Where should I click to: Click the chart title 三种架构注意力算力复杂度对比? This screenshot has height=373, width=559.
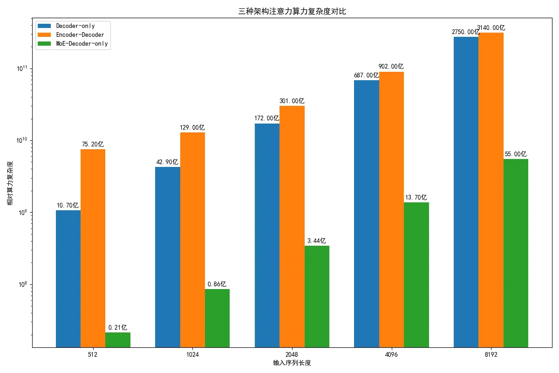coord(292,12)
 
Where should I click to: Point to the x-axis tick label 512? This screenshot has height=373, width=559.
coord(93,355)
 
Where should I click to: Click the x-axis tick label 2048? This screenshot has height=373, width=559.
coord(292,355)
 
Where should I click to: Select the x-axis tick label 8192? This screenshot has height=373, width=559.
coord(491,355)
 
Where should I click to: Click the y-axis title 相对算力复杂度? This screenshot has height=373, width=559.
coord(10,183)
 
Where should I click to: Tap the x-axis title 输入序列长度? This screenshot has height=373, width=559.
coord(292,363)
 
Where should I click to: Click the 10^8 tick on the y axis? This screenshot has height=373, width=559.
coord(22,284)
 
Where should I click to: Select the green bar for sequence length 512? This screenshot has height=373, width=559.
coord(118,340)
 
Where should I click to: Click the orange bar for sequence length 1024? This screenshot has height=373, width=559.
coord(192,240)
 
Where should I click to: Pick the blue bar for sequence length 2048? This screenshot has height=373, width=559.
coord(267,235)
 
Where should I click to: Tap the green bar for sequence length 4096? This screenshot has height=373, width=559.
coord(416,275)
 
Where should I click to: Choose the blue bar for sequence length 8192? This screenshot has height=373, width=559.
coord(466,192)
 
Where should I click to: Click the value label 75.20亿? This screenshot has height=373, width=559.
coord(93,144)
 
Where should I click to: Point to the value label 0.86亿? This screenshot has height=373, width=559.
coord(217,284)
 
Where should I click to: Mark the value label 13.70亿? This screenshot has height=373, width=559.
coord(416,197)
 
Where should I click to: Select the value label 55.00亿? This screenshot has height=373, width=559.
coord(516,154)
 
